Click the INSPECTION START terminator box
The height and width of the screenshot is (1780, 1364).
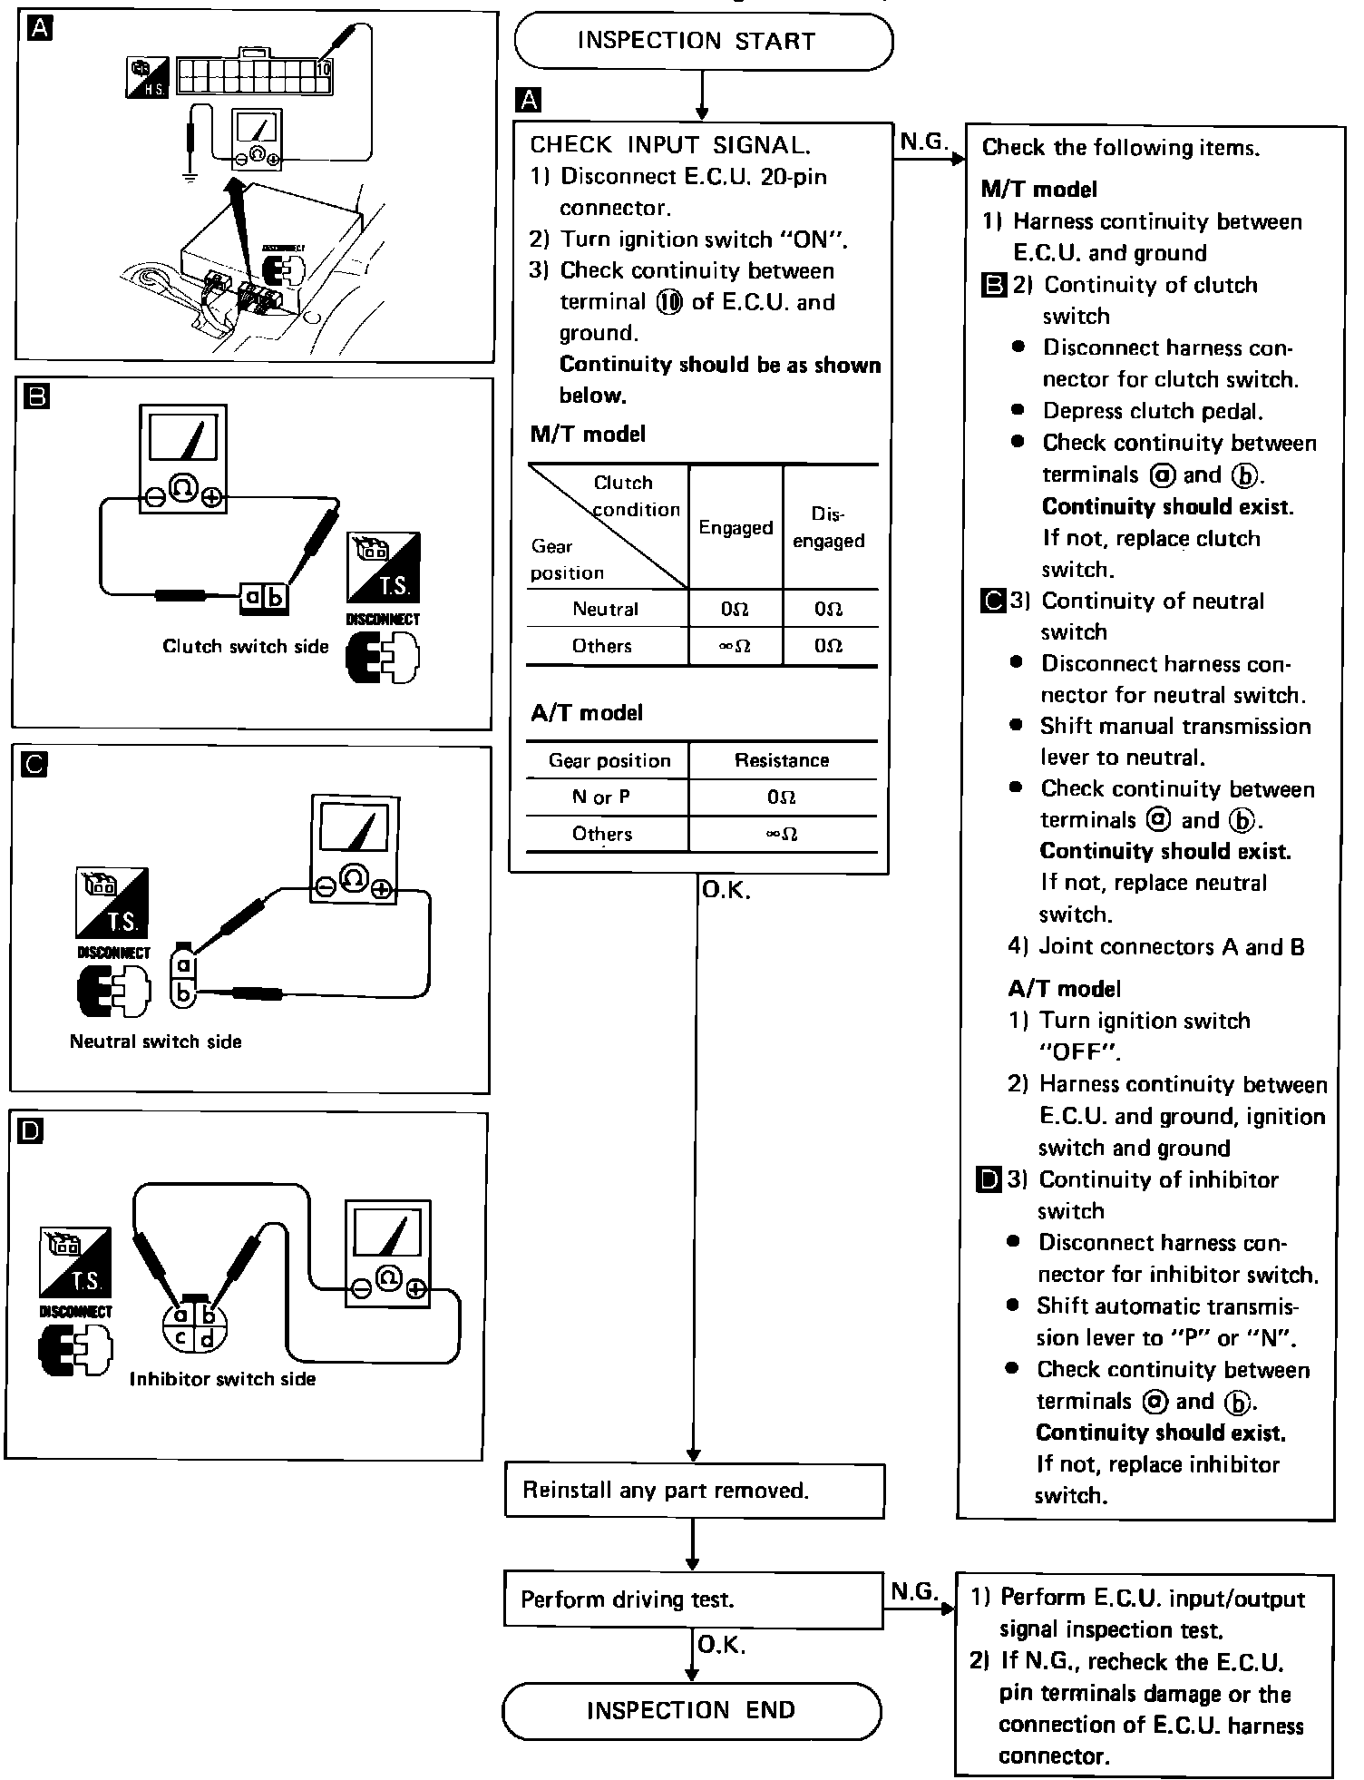(703, 41)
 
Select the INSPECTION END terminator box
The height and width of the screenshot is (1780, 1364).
(691, 1711)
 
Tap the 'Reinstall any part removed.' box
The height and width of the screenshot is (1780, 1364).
(694, 1491)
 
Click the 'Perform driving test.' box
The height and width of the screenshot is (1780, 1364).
(693, 1599)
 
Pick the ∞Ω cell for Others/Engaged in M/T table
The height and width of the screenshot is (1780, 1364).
(736, 647)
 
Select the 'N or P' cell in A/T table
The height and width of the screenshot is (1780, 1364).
(607, 797)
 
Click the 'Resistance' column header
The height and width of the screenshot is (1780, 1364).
(782, 760)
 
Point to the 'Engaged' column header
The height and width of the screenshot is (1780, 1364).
(736, 527)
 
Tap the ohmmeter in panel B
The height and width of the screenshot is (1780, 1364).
(182, 459)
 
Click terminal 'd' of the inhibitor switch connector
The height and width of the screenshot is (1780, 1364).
(208, 1338)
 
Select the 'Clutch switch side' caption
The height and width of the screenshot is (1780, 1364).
(245, 647)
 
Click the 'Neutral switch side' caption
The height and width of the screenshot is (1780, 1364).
(156, 1042)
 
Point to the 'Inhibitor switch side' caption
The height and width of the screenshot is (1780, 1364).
(222, 1379)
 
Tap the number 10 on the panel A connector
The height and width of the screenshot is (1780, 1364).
(325, 69)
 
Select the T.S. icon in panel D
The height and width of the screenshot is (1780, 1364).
(75, 1261)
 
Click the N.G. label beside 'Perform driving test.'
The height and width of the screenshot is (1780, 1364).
(913, 1591)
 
